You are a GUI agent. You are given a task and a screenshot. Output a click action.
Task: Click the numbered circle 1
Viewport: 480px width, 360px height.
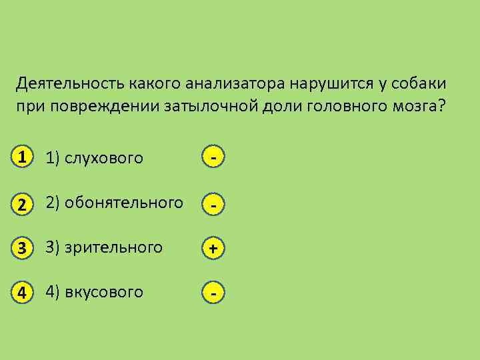(x=23, y=158)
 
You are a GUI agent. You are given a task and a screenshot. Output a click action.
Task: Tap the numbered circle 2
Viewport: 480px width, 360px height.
(x=23, y=204)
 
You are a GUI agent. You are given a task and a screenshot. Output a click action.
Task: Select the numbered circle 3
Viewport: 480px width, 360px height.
(x=23, y=248)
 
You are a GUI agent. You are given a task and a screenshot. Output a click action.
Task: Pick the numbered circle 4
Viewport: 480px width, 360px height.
(x=23, y=292)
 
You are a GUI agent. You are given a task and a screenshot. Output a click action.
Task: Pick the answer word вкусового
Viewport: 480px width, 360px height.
(x=103, y=292)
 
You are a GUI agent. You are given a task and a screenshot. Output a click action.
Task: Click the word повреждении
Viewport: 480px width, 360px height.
(x=103, y=107)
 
